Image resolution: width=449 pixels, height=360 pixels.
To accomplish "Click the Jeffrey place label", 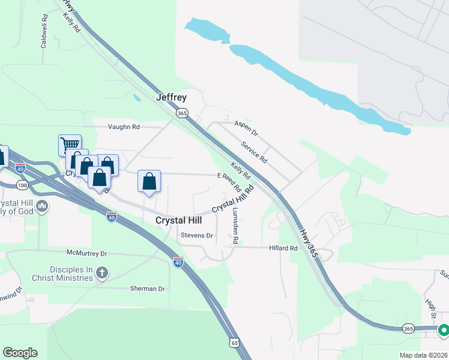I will (171, 97).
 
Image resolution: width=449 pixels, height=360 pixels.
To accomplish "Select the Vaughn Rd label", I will (124, 127).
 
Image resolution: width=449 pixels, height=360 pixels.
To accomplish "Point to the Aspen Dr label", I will (246, 127).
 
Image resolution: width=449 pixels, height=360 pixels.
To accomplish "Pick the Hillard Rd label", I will (283, 248).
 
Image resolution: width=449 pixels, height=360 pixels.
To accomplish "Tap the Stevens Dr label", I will (197, 236).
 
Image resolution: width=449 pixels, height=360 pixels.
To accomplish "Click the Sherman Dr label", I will (147, 289).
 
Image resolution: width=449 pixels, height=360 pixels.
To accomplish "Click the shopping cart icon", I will (70, 145).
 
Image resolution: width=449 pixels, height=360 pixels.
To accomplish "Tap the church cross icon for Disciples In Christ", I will (102, 274).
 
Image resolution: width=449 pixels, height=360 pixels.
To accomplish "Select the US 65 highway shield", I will (234, 342).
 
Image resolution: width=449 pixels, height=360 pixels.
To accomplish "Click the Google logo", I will (20, 353).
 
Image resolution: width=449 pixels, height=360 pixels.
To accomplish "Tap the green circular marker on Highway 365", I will (444, 329).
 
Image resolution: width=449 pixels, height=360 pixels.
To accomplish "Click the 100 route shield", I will (23, 186).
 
